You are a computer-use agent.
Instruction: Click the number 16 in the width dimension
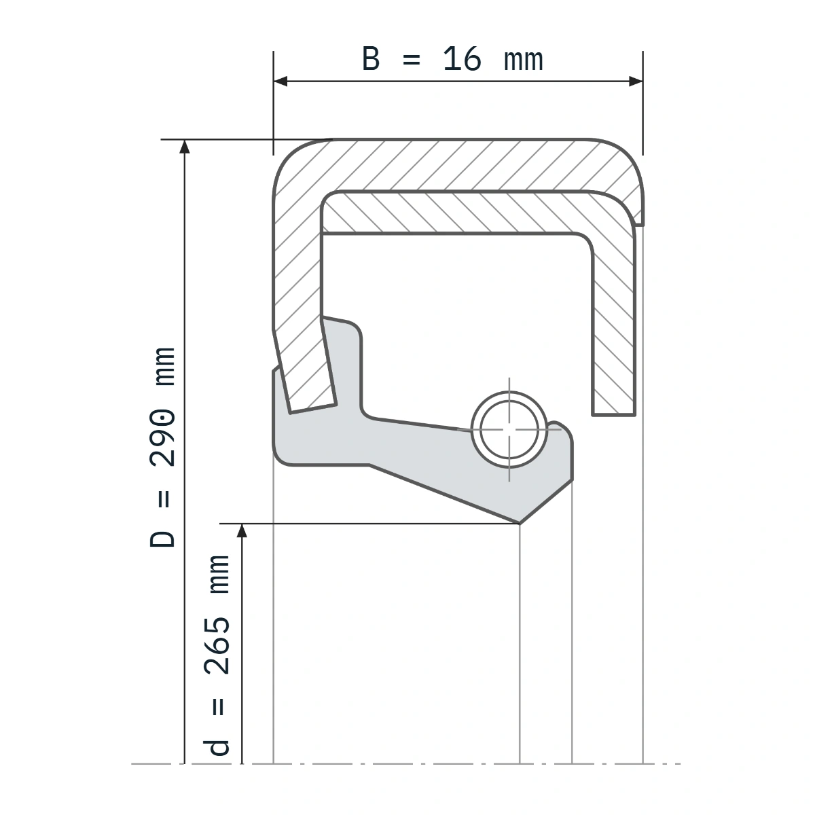pyautogui.click(x=462, y=59)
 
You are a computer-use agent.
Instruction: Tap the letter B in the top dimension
pyautogui.click(x=371, y=59)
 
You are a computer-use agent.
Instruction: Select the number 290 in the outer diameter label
pyautogui.click(x=162, y=438)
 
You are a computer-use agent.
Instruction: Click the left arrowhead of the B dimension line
pyautogui.click(x=280, y=81)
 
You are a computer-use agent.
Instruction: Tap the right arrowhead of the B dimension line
pyautogui.click(x=636, y=81)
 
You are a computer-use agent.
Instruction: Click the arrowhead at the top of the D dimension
pyautogui.click(x=185, y=146)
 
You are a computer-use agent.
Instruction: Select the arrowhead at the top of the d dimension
pyautogui.click(x=242, y=531)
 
